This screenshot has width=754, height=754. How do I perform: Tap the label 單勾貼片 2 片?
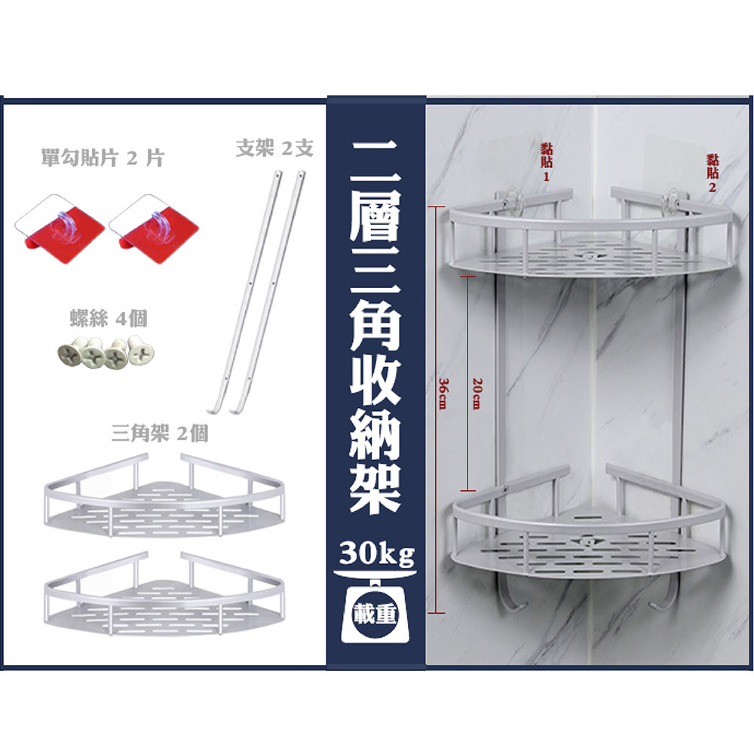(x=103, y=158)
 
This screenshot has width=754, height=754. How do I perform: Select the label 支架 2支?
(x=274, y=148)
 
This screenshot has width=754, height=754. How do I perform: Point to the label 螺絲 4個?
(x=109, y=318)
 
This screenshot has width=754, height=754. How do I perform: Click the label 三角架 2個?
(x=160, y=434)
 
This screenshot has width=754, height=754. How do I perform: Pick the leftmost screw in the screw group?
(x=69, y=354)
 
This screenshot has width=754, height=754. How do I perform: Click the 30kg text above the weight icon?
(x=376, y=553)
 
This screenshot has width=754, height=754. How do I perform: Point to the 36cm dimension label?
(x=443, y=394)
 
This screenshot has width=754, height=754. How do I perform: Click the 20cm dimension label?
(x=477, y=394)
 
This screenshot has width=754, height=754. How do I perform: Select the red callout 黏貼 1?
(x=546, y=162)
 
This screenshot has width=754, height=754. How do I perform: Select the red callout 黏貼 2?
(x=713, y=173)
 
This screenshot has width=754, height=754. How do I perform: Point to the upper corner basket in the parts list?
(x=164, y=495)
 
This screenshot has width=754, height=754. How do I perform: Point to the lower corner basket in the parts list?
(x=164, y=594)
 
